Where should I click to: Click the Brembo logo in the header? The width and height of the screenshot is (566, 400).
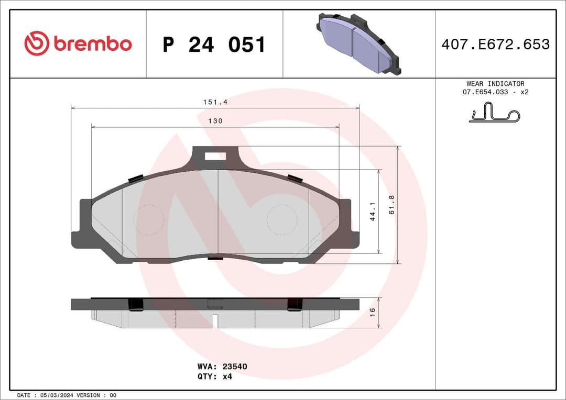tap(78, 44)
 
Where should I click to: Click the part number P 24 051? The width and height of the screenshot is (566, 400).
tap(214, 45)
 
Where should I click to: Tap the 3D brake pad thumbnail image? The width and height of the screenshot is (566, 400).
tap(359, 44)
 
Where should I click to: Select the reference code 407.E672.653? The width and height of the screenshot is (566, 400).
tap(495, 45)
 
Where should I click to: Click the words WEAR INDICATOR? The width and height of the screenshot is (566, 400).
tap(495, 84)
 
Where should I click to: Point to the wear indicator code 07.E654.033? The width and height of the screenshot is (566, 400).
tap(485, 92)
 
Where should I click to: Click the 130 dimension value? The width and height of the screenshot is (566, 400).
tap(215, 121)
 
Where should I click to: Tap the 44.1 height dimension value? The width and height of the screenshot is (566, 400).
tap(373, 212)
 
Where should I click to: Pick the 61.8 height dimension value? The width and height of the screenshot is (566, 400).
tap(391, 204)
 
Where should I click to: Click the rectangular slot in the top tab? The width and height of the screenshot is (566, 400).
tap(215, 155)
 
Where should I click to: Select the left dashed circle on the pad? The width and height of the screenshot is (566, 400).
tap(149, 219)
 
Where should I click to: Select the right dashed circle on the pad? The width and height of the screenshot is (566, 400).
tap(282, 219)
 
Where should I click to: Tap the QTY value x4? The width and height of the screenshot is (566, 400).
tap(227, 376)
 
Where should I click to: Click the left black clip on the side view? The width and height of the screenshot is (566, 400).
tap(136, 305)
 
